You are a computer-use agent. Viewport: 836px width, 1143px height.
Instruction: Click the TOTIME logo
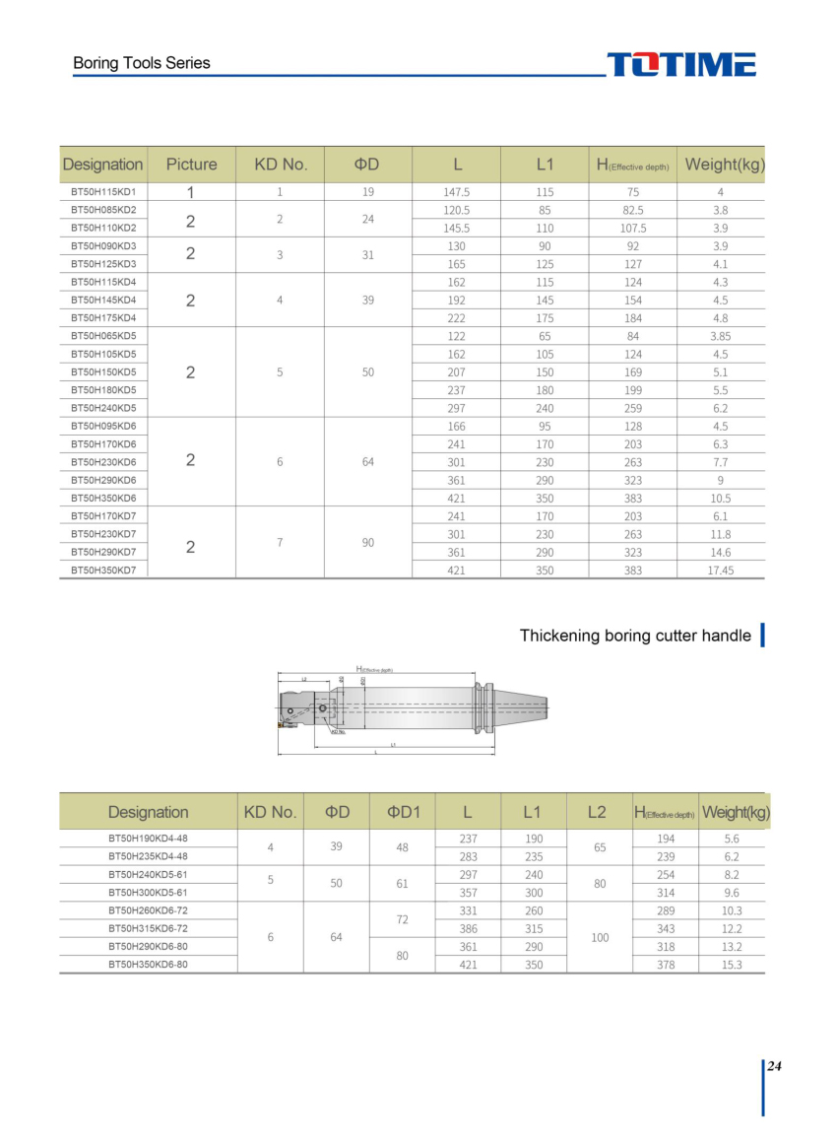pos(680,65)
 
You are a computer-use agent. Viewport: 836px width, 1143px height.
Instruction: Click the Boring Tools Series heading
pos(142,63)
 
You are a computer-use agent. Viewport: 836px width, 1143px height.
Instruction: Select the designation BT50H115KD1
pos(102,192)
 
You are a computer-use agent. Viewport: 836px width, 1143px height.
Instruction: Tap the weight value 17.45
pos(720,571)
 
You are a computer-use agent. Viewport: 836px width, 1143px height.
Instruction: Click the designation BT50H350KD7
pos(102,571)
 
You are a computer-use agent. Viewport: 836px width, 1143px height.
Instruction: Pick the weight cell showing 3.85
pos(720,336)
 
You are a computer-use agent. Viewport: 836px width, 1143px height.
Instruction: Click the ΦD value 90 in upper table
pos(367,543)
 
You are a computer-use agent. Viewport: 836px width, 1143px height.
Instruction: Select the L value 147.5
pos(457,192)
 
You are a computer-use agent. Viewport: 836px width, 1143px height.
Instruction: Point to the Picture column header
pos(191,165)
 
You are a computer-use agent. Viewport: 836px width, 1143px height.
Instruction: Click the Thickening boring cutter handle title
pos(635,636)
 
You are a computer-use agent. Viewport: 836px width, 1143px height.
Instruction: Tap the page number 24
pos(774,1066)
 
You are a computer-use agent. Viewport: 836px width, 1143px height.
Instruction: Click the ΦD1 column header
pos(403,812)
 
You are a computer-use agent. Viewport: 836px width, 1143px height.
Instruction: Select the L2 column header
pos(597,812)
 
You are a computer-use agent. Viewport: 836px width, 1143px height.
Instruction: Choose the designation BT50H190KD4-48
pos(148,839)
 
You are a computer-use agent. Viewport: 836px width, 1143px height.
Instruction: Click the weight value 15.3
pos(732,965)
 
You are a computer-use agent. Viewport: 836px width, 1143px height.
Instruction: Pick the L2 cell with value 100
pos(600,938)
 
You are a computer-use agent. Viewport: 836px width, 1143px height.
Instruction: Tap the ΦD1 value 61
pos(402,884)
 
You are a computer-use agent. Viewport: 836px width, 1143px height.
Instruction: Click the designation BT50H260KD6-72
pos(148,910)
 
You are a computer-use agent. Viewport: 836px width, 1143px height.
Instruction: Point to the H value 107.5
pos(632,228)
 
